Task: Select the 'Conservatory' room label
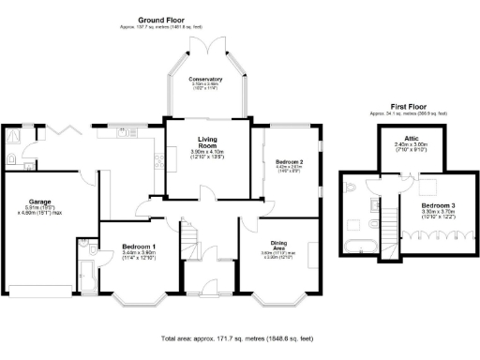click(205, 80)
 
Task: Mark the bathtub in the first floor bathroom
click(361, 247)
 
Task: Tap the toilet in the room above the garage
click(10, 157)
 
